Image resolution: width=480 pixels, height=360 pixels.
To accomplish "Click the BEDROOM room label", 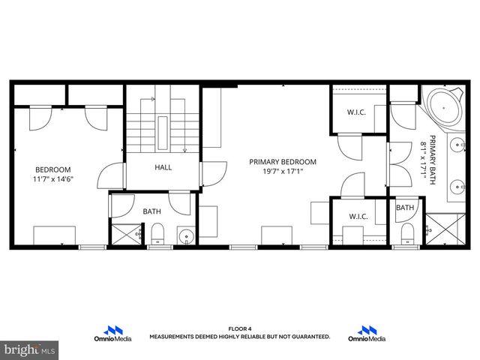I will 52,169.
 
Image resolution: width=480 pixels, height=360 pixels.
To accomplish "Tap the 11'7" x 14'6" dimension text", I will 52,179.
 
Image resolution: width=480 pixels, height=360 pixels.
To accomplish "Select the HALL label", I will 163,167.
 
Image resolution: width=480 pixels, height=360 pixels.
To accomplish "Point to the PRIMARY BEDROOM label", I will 283,161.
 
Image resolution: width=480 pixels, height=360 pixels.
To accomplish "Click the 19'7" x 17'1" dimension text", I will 283,171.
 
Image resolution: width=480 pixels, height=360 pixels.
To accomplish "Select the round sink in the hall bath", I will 185,238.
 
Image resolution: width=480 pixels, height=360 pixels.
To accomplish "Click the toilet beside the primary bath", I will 406,232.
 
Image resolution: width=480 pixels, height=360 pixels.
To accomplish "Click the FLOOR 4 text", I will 238,328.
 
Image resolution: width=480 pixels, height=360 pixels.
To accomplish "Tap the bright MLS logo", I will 30,349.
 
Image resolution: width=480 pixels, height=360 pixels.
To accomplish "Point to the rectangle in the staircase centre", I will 163,133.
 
